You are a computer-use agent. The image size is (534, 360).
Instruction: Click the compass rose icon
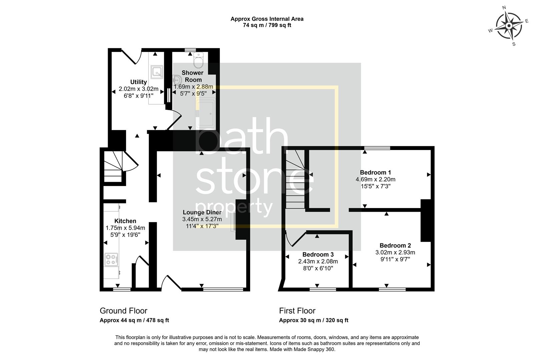click(509, 26)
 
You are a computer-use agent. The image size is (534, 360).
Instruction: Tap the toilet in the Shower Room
click(198, 60)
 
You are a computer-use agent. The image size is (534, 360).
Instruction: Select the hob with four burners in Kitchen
click(111, 259)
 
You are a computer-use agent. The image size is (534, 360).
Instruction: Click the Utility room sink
click(157, 72)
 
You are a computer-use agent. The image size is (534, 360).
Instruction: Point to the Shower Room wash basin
click(177, 80)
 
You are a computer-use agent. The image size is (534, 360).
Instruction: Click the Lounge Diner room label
click(202, 212)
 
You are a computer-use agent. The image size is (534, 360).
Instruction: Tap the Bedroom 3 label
click(318, 255)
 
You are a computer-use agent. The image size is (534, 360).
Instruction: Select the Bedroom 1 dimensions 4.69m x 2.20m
click(375, 180)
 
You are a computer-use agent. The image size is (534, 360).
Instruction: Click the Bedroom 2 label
click(395, 246)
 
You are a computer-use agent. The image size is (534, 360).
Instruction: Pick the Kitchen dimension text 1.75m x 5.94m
click(125, 228)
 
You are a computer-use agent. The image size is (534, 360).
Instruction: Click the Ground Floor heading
click(123, 311)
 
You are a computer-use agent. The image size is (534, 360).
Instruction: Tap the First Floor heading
click(297, 311)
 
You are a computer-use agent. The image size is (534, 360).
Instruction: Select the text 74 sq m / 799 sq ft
click(267, 25)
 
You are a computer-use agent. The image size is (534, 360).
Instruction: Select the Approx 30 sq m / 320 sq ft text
click(314, 320)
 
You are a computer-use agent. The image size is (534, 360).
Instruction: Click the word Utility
click(138, 82)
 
